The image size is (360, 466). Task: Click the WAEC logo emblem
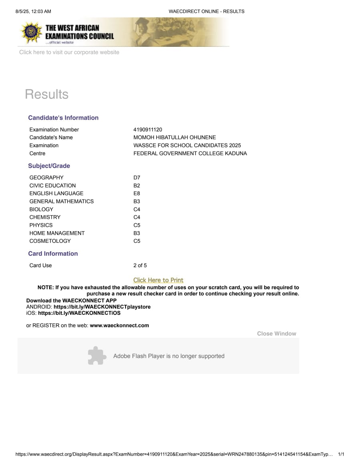(31, 33)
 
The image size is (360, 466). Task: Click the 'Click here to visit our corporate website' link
(69, 52)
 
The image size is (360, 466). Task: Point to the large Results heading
(46, 94)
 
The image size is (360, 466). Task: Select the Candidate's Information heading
(63, 118)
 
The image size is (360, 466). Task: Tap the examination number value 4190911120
(148, 130)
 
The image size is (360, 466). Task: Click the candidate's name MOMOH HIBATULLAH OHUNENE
(174, 138)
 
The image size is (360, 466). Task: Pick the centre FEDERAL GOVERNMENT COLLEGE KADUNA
(190, 154)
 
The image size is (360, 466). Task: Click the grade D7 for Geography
(137, 178)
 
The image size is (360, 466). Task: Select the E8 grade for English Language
(137, 194)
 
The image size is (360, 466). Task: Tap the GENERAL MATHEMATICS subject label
(62, 202)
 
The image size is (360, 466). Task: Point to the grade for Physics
(137, 225)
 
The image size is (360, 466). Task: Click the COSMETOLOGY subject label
(50, 241)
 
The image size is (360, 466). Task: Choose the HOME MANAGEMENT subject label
(57, 233)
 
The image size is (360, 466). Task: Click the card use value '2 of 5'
(140, 266)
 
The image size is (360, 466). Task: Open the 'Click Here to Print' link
(158, 280)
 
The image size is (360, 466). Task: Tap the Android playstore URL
(102, 307)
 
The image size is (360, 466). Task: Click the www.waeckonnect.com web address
(119, 326)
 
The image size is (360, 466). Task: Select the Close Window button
(276, 334)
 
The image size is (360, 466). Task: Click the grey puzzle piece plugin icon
(97, 356)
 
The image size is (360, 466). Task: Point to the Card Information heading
(53, 254)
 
